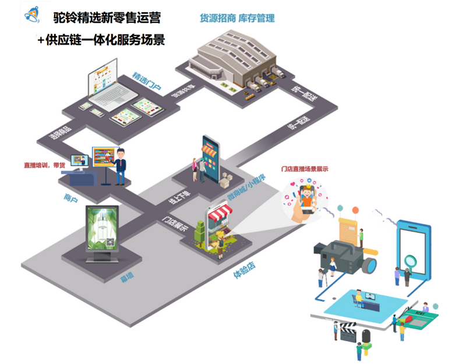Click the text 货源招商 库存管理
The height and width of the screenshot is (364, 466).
(237, 18)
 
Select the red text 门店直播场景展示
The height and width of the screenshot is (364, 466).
(305, 169)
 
